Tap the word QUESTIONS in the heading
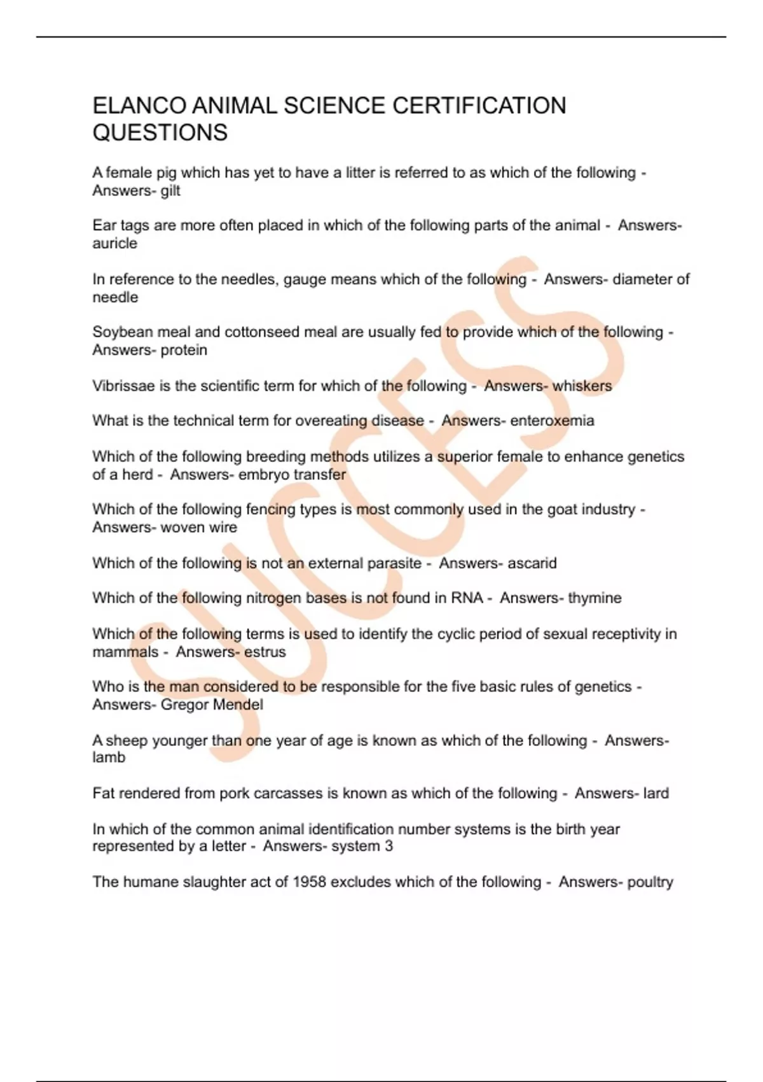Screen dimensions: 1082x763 click(160, 132)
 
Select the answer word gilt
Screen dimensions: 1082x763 click(170, 190)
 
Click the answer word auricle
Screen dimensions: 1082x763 click(114, 243)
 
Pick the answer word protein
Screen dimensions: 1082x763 click(184, 349)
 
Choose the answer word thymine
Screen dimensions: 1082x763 click(595, 598)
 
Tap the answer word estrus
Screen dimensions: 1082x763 click(265, 652)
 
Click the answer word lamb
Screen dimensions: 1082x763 click(109, 757)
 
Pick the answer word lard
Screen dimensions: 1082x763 click(656, 793)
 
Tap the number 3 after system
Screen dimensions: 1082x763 click(388, 846)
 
